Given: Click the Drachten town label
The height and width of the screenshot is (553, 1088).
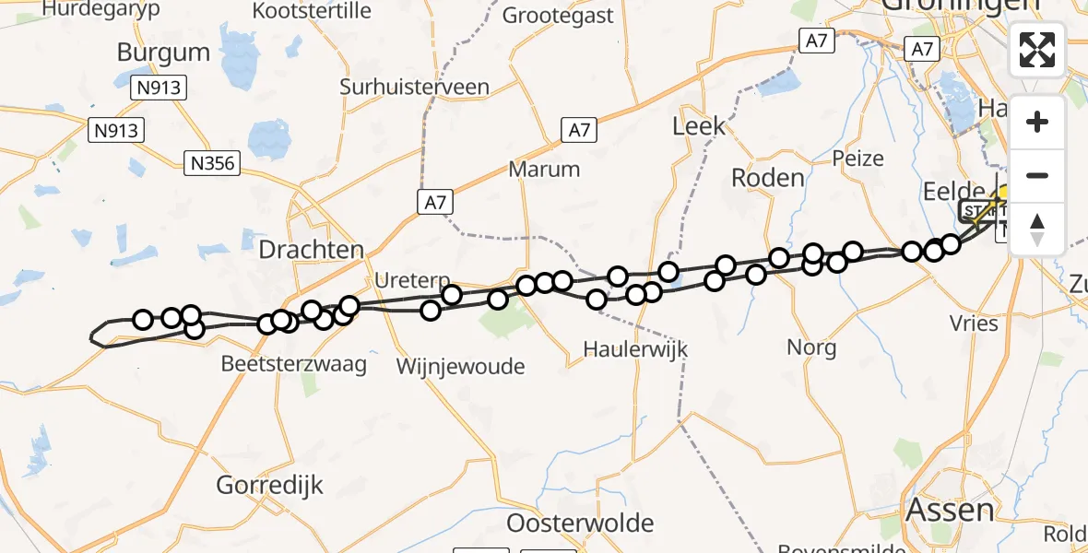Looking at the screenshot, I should [312, 250].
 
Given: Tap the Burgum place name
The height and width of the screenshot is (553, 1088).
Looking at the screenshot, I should [164, 52].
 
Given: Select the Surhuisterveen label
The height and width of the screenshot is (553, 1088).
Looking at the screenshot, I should [414, 88].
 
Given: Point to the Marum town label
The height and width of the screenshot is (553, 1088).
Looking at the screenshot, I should [544, 170].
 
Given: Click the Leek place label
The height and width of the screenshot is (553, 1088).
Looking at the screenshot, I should [699, 126].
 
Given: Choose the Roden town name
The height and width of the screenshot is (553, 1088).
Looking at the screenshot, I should [768, 177].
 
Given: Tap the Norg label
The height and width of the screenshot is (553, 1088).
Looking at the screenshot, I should [811, 347].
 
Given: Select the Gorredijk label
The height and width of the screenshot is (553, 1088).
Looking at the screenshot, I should [270, 485].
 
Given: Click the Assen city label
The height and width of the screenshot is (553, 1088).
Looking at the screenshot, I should [950, 510].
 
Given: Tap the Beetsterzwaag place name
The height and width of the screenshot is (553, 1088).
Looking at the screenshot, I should [293, 364].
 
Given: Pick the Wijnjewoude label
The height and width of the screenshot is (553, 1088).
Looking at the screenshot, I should [460, 366].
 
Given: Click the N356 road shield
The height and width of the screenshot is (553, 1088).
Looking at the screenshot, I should [211, 164].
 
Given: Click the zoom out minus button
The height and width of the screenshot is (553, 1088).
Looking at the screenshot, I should [1037, 176].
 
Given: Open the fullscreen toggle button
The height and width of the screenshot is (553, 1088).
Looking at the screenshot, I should [1037, 50].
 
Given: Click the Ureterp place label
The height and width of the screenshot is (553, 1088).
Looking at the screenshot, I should [412, 279].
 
